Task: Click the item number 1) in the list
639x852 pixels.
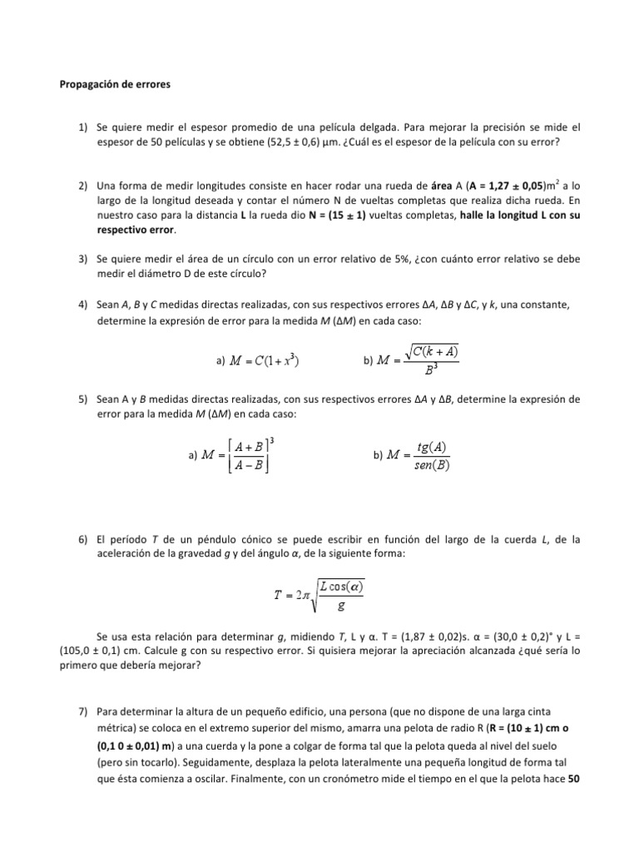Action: click(x=84, y=127)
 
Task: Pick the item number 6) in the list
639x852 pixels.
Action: click(x=84, y=540)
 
